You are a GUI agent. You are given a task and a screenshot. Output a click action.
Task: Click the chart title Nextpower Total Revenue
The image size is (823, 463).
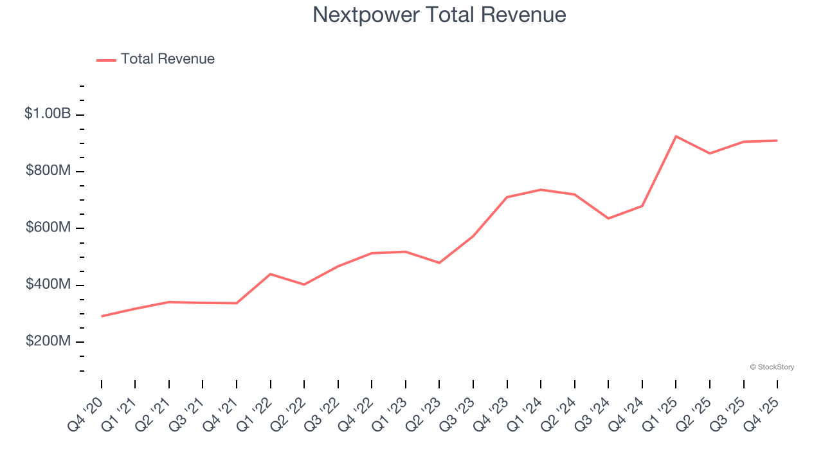439,14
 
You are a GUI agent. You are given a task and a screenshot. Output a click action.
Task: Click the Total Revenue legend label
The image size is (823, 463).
167,59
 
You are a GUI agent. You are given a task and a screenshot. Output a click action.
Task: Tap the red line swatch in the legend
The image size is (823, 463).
106,60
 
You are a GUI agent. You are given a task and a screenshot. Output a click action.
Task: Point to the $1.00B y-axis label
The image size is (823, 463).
48,114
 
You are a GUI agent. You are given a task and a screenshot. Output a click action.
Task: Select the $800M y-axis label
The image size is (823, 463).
48,170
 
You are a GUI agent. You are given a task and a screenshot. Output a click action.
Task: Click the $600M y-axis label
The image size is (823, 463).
48,228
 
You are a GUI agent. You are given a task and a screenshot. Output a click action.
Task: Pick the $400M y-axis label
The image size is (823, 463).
48,284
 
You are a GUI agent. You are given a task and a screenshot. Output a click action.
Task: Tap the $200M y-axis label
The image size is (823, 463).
48,341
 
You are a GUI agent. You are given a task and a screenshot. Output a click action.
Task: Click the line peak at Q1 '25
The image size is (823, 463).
676,136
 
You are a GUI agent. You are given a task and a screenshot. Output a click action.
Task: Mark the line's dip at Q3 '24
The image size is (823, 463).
608,219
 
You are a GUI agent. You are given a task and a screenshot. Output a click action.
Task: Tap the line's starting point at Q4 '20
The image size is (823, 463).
102,316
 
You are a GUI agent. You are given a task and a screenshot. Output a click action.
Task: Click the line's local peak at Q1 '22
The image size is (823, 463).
271,274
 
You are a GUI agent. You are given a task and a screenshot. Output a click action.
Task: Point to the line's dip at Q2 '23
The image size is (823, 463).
439,263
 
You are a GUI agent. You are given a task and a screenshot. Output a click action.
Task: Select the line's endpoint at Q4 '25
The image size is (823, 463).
777,140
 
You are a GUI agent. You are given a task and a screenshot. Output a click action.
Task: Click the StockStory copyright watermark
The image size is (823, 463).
772,367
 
